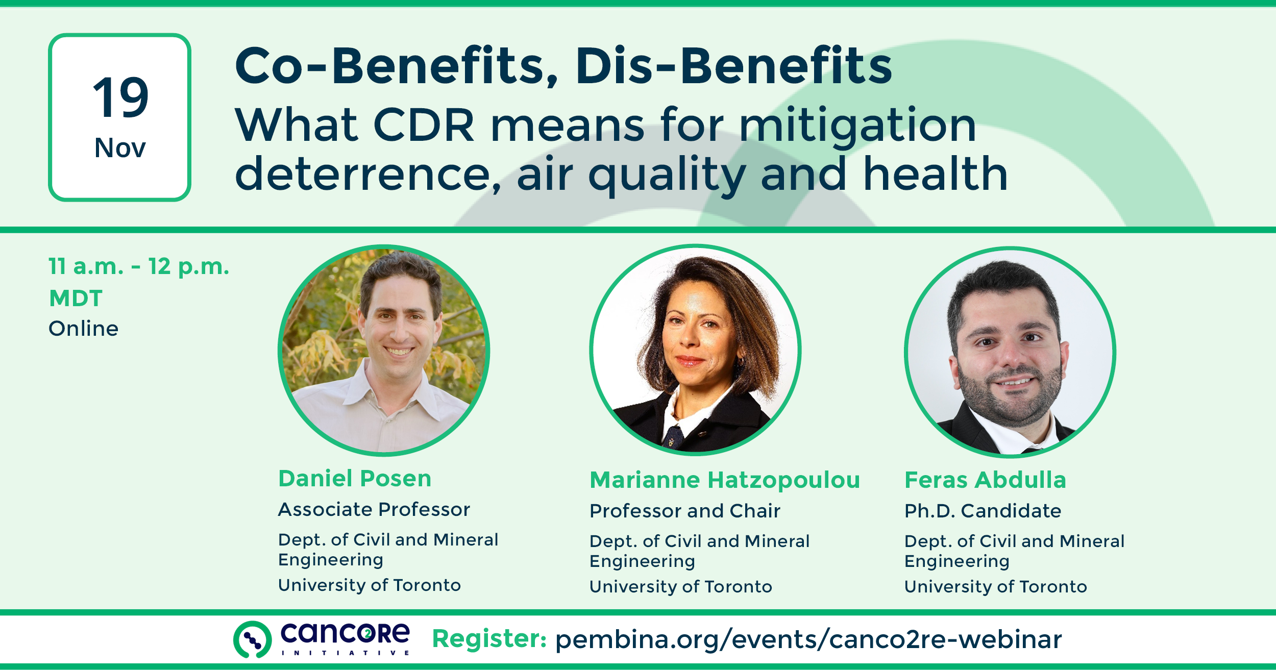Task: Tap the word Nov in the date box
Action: [120, 148]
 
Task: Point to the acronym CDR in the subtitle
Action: [424, 125]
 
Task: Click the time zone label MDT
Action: [76, 298]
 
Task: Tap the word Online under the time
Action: [83, 329]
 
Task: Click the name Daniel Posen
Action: [355, 479]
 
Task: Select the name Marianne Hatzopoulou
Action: [725, 480]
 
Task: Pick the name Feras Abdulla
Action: [985, 480]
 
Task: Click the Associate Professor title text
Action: [374, 509]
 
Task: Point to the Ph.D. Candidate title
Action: [983, 511]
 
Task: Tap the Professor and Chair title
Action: [685, 511]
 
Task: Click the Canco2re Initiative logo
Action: [322, 639]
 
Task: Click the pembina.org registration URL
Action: [808, 640]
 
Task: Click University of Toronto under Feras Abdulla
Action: [995, 587]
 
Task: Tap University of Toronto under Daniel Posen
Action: [370, 585]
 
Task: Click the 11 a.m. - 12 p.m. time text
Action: [139, 267]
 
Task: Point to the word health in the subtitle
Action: [935, 174]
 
